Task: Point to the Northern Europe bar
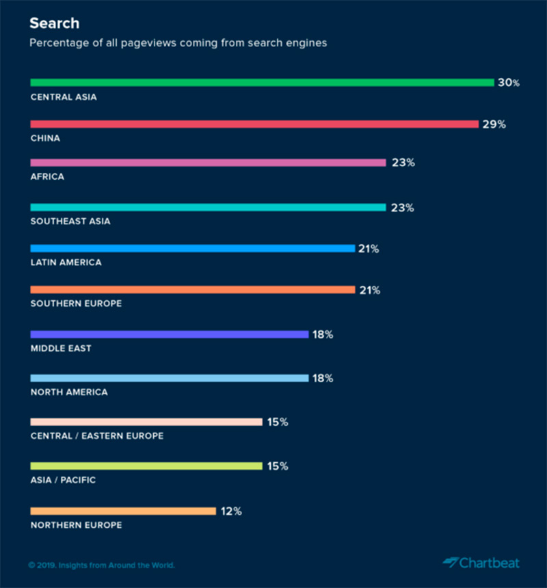(123, 511)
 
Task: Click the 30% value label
(509, 83)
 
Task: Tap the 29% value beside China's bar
(493, 124)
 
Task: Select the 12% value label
(231, 511)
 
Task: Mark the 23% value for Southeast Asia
(403, 207)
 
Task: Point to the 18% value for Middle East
(322, 334)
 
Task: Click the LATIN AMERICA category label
(66, 263)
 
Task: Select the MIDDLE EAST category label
(61, 348)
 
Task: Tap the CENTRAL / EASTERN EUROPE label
(97, 436)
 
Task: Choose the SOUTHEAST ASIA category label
(70, 221)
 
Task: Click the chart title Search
(55, 23)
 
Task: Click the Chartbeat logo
(481, 563)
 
